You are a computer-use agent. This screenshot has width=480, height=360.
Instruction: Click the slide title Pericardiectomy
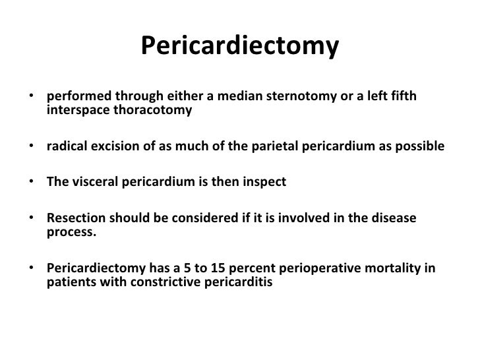(x=240, y=45)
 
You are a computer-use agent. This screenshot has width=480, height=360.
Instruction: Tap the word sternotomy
(x=309, y=98)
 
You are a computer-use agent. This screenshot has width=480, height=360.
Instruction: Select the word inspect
(x=264, y=182)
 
